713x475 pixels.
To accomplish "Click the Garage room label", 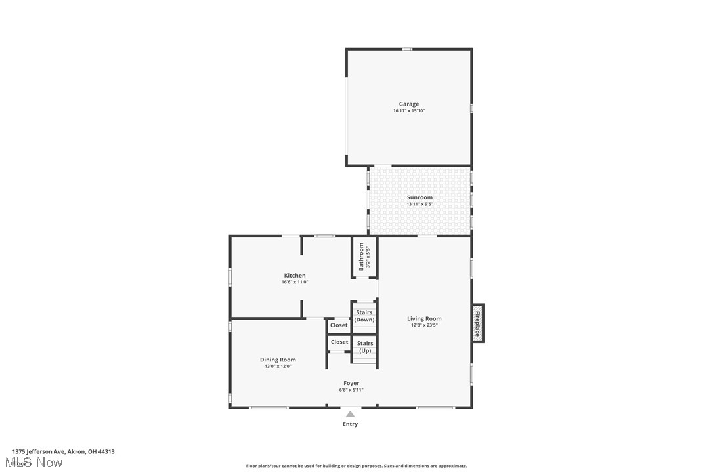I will pos(408,104).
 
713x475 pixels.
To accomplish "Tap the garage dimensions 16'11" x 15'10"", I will pos(408,111).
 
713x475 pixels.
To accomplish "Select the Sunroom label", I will pos(420,197).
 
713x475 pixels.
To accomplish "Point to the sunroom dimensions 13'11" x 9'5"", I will pos(420,204).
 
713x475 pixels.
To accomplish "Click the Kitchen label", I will pos(295,276).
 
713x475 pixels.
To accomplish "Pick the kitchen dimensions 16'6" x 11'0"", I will pos(295,282).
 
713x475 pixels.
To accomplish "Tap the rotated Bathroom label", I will pos(361,256).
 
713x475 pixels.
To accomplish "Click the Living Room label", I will pos(424,319).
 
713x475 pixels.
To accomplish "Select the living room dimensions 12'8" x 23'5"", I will pos(424,325).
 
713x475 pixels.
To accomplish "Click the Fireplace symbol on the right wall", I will pos(477,322).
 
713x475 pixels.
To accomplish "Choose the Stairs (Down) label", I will pos(364,316).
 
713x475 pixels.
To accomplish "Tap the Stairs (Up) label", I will pos(365,347).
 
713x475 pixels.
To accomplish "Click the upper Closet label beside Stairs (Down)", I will pos(339,325).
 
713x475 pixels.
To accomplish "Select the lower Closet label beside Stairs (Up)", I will pos(339,342).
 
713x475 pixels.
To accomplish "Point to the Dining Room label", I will pos(278,360).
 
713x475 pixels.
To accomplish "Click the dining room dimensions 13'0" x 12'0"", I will pos(278,366).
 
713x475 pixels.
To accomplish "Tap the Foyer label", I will pos(351,383).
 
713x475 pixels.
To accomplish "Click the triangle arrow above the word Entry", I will pos(351,414).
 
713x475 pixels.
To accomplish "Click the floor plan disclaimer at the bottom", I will pos(356,466).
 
